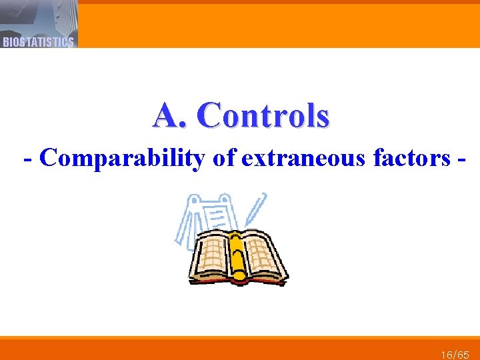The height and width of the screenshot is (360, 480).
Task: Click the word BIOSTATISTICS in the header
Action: (x=38, y=42)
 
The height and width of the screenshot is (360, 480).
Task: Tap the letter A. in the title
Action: (x=169, y=115)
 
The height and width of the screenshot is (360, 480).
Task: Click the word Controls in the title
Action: (x=263, y=115)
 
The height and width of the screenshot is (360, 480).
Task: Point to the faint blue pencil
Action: (x=255, y=210)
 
